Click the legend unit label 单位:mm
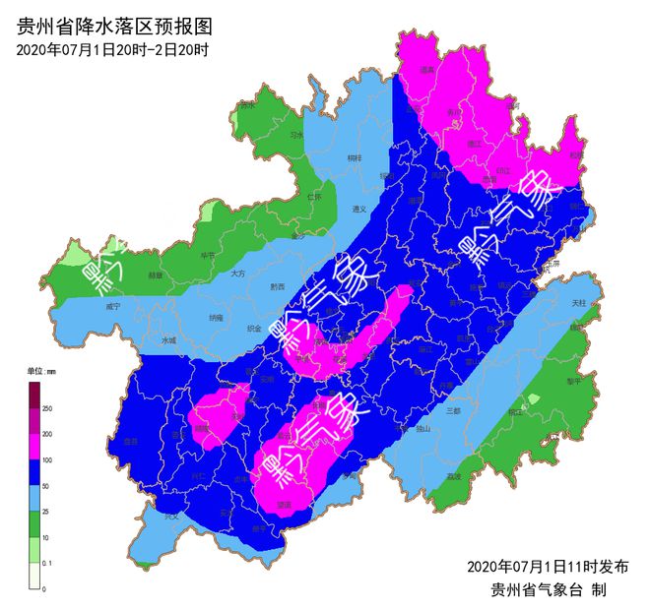(41, 371)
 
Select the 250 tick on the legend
(47, 407)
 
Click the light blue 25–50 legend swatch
(33, 498)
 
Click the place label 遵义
(359, 209)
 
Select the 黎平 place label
(574, 379)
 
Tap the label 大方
(237, 274)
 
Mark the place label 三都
(453, 410)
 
